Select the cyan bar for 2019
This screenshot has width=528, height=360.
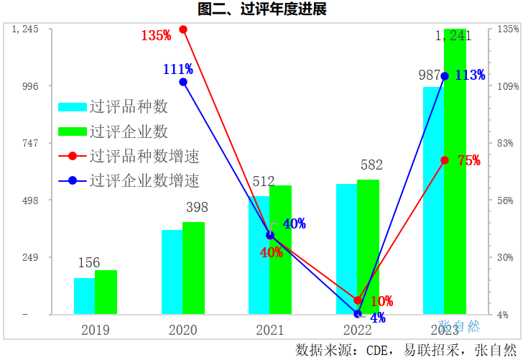tap(84, 296)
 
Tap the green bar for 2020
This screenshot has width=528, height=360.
tap(193, 268)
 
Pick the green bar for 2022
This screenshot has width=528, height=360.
tap(368, 246)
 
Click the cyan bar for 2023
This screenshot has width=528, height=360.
tap(433, 200)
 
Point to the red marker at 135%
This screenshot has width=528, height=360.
tap(183, 29)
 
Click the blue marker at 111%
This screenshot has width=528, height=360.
tap(183, 82)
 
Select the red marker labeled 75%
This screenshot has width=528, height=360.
tap(445, 160)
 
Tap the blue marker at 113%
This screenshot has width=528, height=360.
tap(445, 76)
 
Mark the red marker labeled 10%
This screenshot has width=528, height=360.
tap(358, 300)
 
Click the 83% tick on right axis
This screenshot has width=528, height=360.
tap(507, 143)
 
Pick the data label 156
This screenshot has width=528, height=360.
tap(89, 263)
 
